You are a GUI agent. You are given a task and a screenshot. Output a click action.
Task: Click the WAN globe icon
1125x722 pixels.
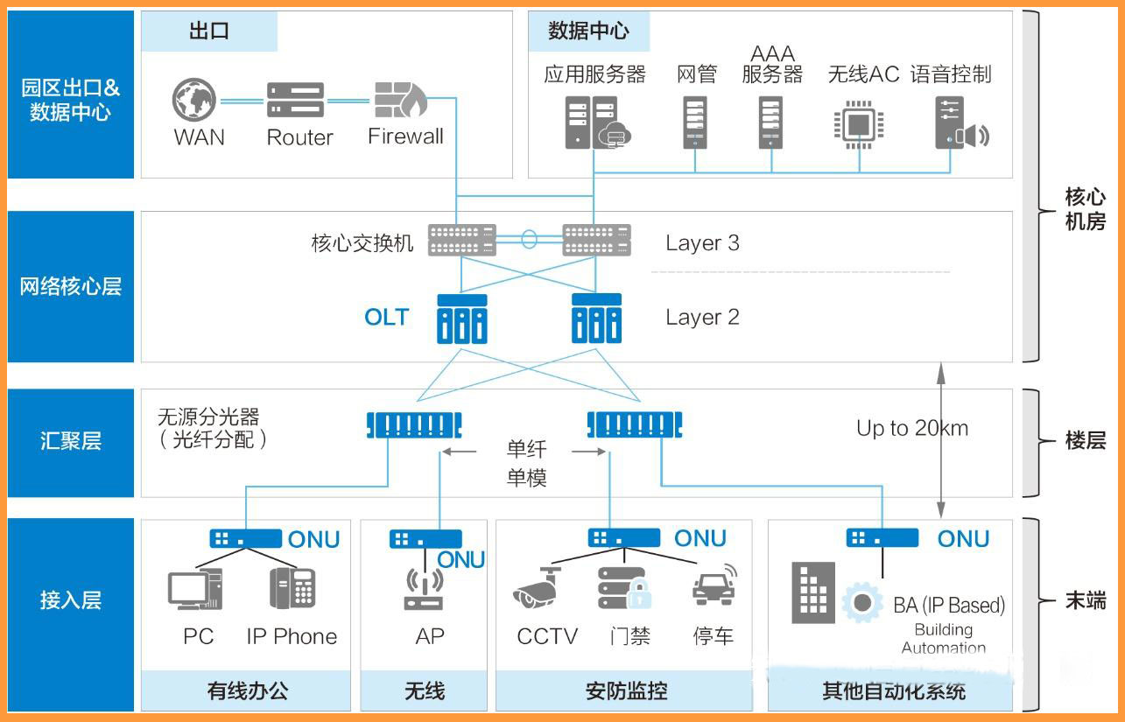point(193,100)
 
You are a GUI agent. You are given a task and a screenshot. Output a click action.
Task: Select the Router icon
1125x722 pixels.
point(295,100)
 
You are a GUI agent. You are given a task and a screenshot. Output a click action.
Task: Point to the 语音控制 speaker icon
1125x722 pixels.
point(960,123)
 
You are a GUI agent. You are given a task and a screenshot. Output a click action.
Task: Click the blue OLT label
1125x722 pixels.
point(386,317)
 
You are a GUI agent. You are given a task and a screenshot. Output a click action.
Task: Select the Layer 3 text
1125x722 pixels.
point(702,243)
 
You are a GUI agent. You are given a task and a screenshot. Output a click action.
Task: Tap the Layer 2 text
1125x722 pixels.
point(702,317)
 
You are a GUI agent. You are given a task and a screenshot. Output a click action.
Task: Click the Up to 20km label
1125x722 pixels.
point(912,428)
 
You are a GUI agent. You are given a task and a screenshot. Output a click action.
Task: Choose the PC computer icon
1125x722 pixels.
point(195,589)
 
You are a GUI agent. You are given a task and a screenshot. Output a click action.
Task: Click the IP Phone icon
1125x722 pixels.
point(292,588)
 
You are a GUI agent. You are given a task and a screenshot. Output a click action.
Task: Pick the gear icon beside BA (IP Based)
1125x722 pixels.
point(861,603)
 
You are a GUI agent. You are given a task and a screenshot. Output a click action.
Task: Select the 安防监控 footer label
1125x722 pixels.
point(625,690)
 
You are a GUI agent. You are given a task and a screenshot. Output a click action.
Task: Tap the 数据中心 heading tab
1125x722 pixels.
point(588,32)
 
